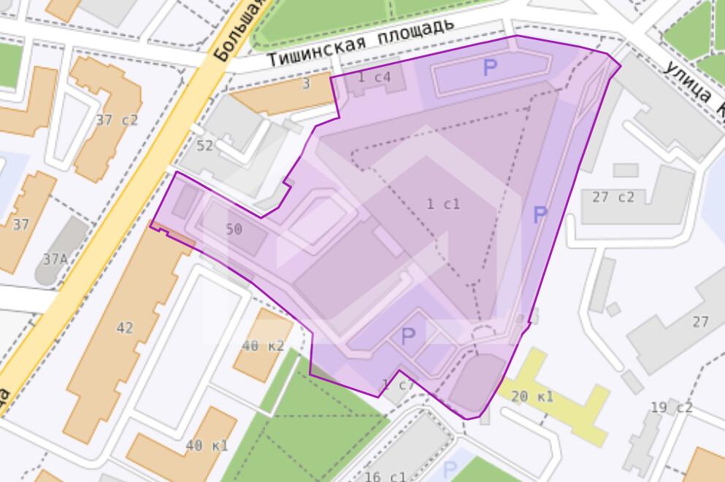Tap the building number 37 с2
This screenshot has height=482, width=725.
click(x=116, y=120)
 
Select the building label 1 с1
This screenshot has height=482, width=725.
click(x=443, y=204)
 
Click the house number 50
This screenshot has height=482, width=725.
click(x=234, y=230)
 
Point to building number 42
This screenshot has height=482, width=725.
click(x=125, y=328)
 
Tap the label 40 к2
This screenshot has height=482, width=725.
click(x=262, y=346)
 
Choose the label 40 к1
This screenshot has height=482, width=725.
click(x=207, y=446)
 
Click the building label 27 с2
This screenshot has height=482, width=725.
click(x=613, y=197)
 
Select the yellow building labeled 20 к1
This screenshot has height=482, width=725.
click(x=532, y=397)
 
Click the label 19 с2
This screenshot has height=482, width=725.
click(x=671, y=407)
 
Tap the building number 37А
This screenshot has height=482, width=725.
click(x=55, y=259)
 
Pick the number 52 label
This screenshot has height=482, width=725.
click(x=204, y=146)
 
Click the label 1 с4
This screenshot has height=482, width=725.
click(x=375, y=77)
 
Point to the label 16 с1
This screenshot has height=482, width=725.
click(x=385, y=477)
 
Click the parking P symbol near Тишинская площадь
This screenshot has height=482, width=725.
click(x=490, y=69)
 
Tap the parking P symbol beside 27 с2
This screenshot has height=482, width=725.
click(x=540, y=215)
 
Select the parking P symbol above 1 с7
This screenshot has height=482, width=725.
click(x=408, y=336)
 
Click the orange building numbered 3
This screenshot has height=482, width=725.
click(x=307, y=84)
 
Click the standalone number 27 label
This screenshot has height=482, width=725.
click(x=700, y=322)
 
